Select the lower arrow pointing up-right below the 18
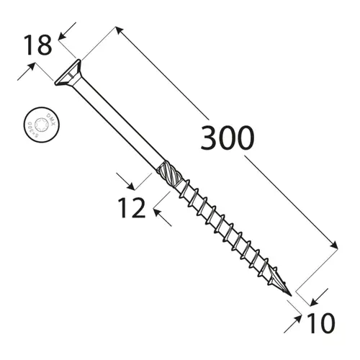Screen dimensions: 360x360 30,68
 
